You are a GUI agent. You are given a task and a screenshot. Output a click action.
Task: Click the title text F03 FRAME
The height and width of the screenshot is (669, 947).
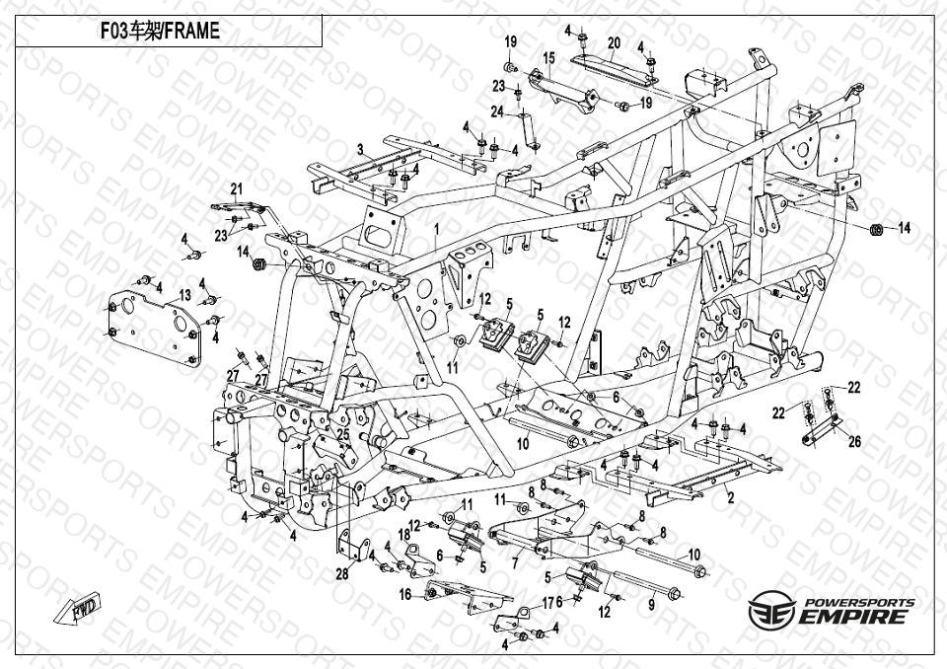coord(160,32)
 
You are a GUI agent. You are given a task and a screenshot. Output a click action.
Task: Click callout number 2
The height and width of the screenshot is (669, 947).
coord(730,498)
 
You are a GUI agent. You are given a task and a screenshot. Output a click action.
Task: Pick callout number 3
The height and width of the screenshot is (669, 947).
coord(361,150)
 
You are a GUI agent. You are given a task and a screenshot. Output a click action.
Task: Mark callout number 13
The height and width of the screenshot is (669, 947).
coord(184,295)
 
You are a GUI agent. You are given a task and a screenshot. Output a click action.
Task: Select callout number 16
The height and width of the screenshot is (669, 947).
coord(405,595)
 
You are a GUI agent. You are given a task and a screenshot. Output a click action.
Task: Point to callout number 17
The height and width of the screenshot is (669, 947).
coord(548,603)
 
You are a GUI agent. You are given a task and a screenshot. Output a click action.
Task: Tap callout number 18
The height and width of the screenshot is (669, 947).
coord(403,534)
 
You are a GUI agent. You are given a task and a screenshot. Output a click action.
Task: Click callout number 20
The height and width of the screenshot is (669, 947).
coord(614,42)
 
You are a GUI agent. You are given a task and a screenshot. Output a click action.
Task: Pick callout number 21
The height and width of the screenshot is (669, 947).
coord(237,188)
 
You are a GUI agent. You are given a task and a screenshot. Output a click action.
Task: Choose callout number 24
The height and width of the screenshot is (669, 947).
coord(498,111)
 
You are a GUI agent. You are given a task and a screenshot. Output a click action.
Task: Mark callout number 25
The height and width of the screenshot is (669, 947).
coord(343,434)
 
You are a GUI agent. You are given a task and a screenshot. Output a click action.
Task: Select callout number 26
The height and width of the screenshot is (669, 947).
coord(854,441)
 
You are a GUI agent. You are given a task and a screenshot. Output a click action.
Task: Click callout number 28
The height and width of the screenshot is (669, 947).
coord(341,574)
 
